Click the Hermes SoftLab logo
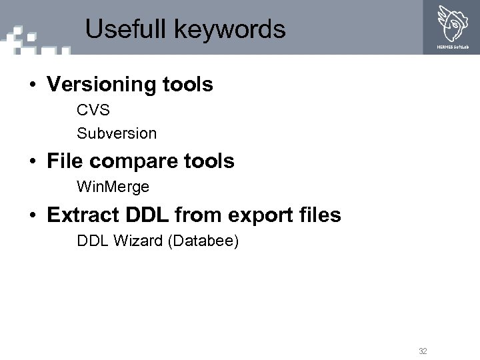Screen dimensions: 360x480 (453, 26)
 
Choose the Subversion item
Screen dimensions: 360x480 (117, 133)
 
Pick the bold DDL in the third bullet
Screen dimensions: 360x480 (148, 215)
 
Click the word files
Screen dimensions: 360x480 (318, 215)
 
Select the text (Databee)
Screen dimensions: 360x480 (203, 240)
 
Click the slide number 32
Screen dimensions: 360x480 (423, 350)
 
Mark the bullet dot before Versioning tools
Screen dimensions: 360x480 (32, 85)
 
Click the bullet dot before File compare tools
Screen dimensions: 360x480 (32, 161)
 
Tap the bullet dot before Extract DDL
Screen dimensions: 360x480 (32, 216)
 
